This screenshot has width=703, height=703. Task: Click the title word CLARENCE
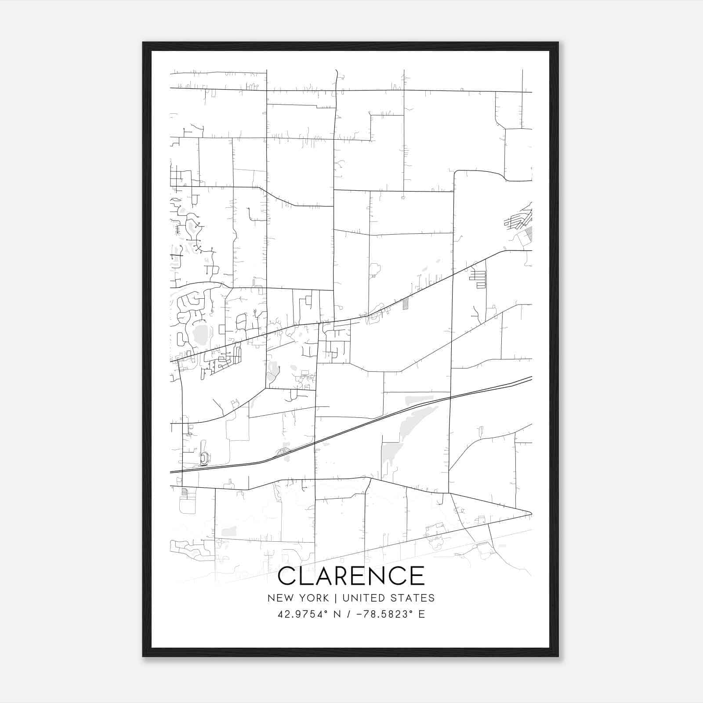point(351,576)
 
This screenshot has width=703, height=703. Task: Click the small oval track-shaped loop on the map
point(204,459)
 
